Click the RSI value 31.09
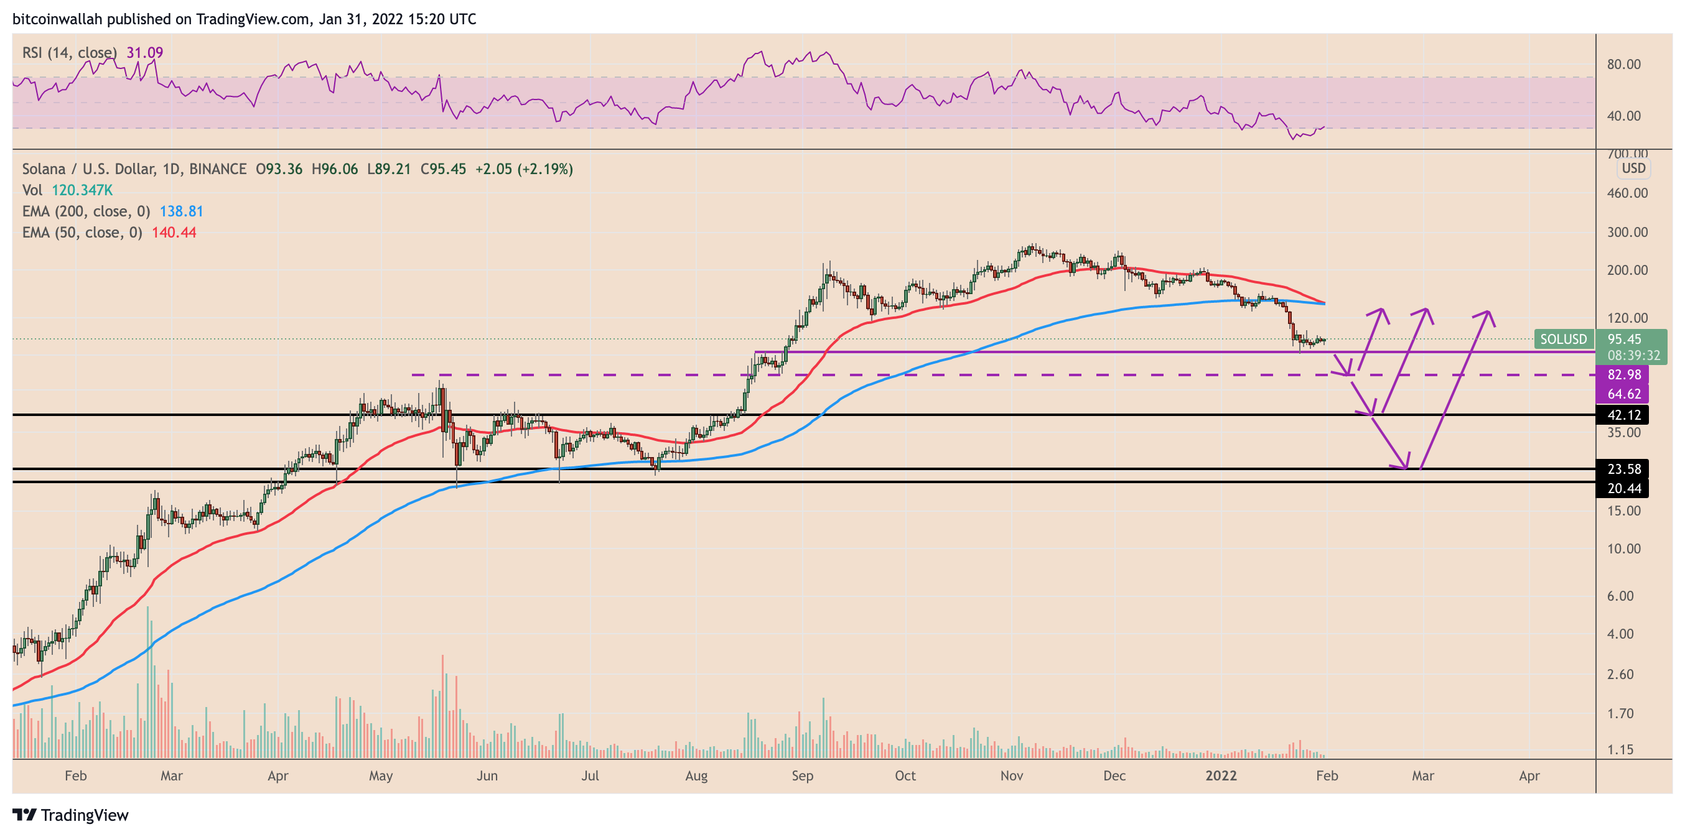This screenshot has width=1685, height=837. (x=144, y=52)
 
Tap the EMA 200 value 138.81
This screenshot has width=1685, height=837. (x=181, y=211)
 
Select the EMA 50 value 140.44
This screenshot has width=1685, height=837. (x=174, y=232)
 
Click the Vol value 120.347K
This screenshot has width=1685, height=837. (x=82, y=190)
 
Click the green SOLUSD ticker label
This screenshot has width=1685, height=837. (x=1562, y=340)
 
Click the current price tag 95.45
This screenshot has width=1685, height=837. (x=1624, y=340)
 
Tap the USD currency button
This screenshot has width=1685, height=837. (x=1633, y=168)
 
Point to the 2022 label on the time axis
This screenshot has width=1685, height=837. (x=1221, y=775)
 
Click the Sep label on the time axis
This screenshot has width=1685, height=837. (x=802, y=775)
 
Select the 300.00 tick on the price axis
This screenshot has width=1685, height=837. (x=1627, y=232)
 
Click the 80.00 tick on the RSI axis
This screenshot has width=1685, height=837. (x=1623, y=64)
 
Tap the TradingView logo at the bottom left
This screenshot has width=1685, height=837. (x=71, y=815)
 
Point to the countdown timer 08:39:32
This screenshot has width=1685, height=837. (x=1633, y=355)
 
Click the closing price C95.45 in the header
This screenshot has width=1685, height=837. (x=443, y=169)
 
